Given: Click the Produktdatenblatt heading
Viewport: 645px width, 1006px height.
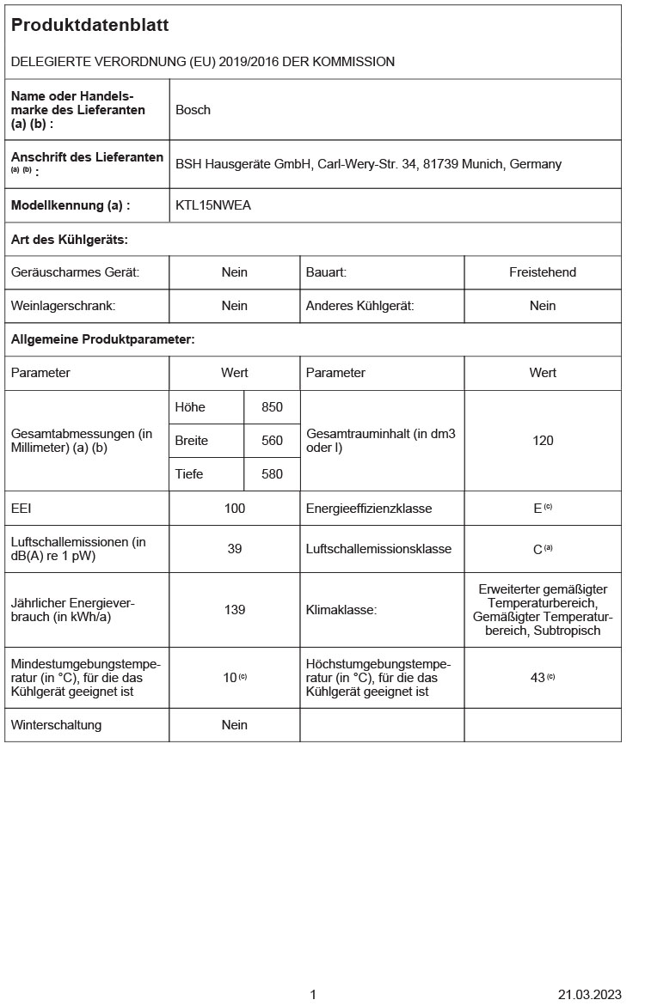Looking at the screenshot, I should pyautogui.click(x=89, y=26).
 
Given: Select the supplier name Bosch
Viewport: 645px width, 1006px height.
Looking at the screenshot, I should pyautogui.click(x=193, y=110).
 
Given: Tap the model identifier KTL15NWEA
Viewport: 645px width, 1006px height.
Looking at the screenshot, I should pyautogui.click(x=213, y=205).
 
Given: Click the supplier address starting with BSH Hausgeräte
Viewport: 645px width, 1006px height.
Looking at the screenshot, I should pyautogui.click(x=368, y=164).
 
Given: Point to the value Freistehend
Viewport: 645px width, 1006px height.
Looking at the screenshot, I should pyautogui.click(x=542, y=272).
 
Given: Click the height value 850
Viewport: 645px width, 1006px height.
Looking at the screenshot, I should pyautogui.click(x=272, y=407).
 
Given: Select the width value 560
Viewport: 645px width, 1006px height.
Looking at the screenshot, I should pyautogui.click(x=272, y=441).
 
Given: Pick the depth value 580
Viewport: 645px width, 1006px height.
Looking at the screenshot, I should pyautogui.click(x=272, y=474).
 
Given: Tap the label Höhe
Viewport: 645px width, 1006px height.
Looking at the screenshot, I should pyautogui.click(x=190, y=407).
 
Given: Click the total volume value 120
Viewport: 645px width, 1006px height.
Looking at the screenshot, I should pyautogui.click(x=543, y=441).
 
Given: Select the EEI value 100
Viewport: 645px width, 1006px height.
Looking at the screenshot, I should pyautogui.click(x=235, y=509).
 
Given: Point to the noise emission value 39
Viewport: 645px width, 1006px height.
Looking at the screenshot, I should pyautogui.click(x=235, y=549).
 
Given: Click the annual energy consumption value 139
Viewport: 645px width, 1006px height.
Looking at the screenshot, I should pyautogui.click(x=235, y=610).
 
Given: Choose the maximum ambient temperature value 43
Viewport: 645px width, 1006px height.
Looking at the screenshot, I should pyautogui.click(x=538, y=678).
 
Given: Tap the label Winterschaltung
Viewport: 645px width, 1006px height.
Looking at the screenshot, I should pyautogui.click(x=56, y=725).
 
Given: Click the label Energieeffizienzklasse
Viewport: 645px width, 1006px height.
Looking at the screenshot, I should pyautogui.click(x=369, y=509).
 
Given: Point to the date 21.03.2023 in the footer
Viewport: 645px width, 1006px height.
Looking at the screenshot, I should pyautogui.click(x=589, y=995).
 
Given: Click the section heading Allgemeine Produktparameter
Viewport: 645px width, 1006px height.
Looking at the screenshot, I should pyautogui.click(x=102, y=339).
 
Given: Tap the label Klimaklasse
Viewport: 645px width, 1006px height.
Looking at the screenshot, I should pyautogui.click(x=341, y=610).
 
